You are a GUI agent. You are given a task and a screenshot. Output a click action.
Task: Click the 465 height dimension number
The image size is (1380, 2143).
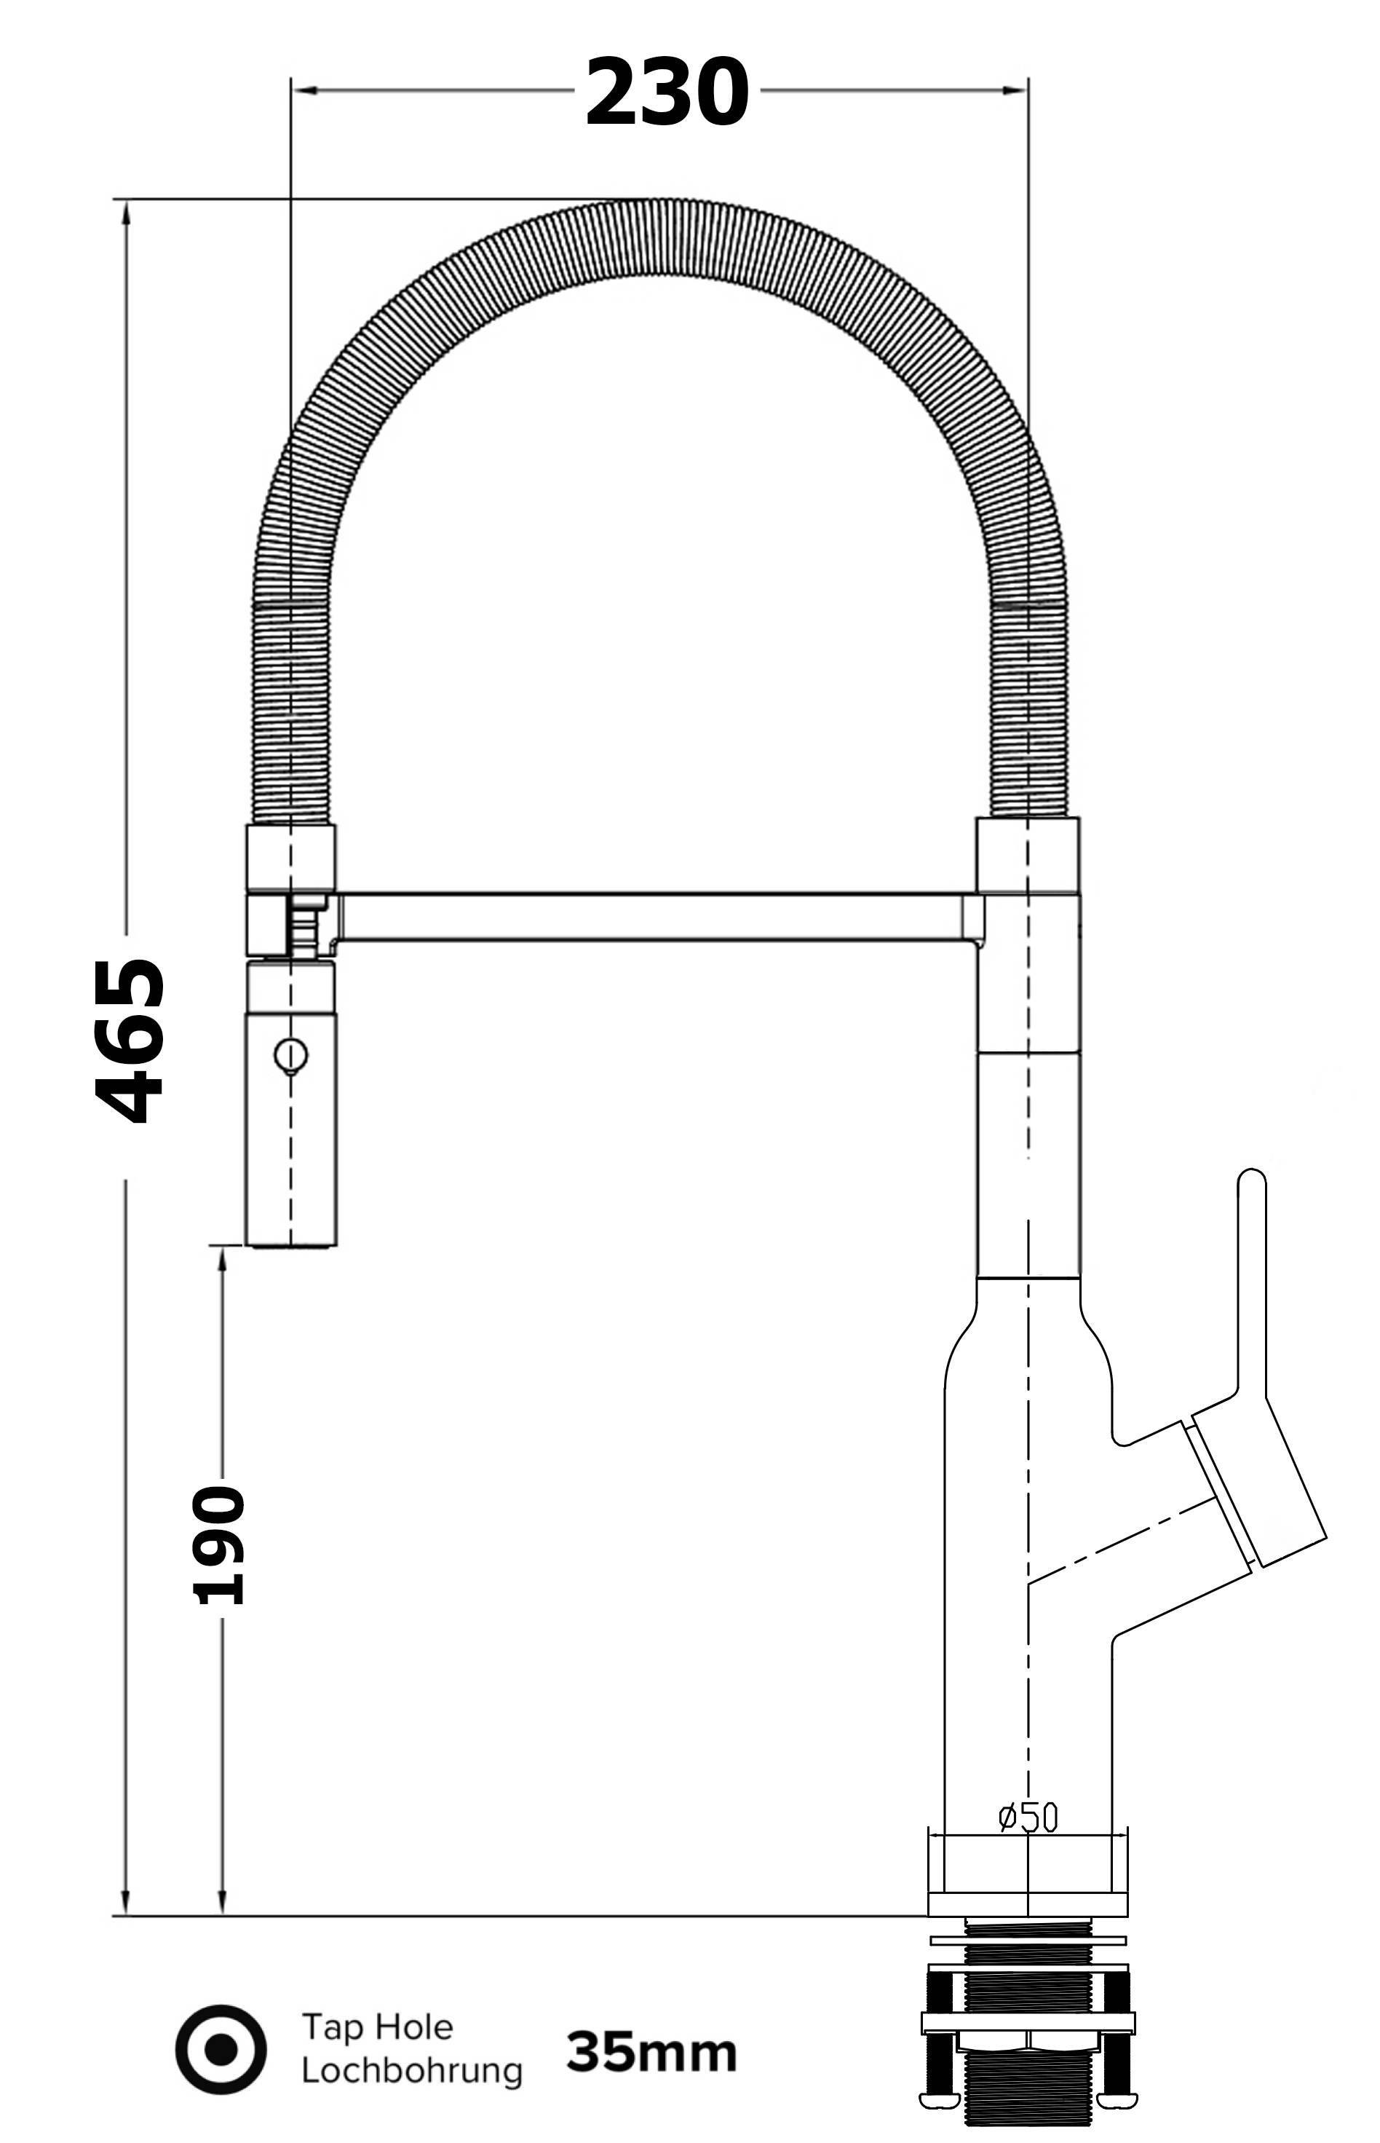131,1041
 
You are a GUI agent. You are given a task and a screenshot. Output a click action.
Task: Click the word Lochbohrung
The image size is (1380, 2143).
411,2070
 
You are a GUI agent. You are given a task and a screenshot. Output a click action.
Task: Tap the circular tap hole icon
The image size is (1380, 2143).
221,2049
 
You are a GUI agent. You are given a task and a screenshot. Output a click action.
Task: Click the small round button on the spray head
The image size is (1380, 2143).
291,1054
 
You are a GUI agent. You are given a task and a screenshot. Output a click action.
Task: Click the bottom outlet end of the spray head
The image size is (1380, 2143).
291,1243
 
